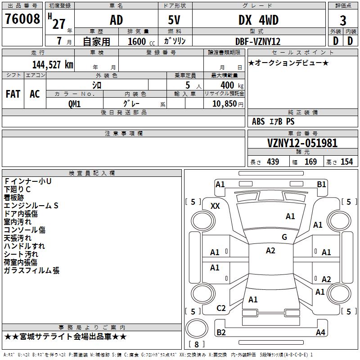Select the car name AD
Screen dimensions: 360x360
click(116, 20)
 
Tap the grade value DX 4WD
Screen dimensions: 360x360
click(258, 20)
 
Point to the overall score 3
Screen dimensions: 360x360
click(343, 20)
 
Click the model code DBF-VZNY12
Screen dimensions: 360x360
click(258, 41)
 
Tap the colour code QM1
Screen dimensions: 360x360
click(74, 103)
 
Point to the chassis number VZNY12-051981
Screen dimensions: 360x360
click(296, 143)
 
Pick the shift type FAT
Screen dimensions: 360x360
click(13, 94)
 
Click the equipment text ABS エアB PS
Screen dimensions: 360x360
click(273, 121)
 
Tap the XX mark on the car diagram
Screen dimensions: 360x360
click(216, 206)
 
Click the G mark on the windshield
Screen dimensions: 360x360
click(284, 237)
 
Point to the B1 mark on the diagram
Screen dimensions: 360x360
click(321, 184)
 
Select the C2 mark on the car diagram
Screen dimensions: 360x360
click(221, 308)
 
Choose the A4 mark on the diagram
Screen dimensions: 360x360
click(320, 333)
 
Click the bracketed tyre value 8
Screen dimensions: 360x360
click(196, 345)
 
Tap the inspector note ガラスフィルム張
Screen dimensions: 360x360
click(31, 271)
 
